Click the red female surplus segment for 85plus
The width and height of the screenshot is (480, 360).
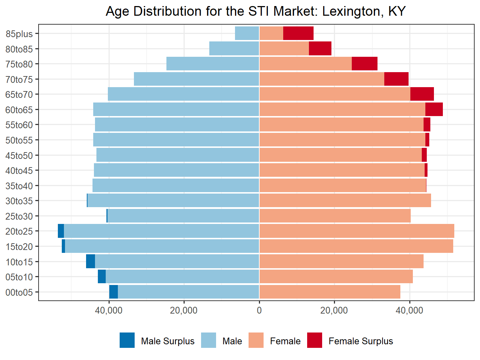coord(298,33)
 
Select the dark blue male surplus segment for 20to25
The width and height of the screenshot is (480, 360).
coord(61,231)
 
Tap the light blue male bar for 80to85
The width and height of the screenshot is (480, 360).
coord(234,49)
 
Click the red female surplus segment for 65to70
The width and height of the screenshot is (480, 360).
coord(422,94)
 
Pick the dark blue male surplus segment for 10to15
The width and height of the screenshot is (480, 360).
coord(90,261)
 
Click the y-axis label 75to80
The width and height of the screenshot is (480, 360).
coord(19,64)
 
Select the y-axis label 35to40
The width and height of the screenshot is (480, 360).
coord(19,186)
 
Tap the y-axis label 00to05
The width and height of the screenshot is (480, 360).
coord(19,292)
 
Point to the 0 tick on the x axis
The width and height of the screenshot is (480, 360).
coord(259,310)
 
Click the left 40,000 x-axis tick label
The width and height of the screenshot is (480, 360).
coord(109,310)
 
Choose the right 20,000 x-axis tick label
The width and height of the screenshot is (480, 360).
coord(334,310)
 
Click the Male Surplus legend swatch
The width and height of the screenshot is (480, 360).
coord(127,340)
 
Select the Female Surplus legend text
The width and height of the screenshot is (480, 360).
coord(361,341)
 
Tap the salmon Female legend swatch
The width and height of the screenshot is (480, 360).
coord(256,340)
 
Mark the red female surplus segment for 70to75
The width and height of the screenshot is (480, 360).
coord(396,79)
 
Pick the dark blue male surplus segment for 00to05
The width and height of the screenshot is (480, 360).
coord(114,292)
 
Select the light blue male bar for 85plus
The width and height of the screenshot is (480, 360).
coord(247,33)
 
